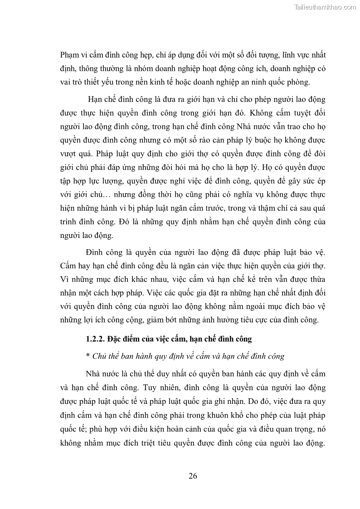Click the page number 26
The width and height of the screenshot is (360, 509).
pyautogui.click(x=192, y=476)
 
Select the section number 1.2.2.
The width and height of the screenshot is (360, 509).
pyautogui.click(x=96, y=339)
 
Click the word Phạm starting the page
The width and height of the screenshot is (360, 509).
pyautogui.click(x=69, y=55)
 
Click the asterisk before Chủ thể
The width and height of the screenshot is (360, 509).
pyautogui.click(x=87, y=356)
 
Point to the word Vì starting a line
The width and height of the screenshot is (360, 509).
pyautogui.click(x=65, y=278)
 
